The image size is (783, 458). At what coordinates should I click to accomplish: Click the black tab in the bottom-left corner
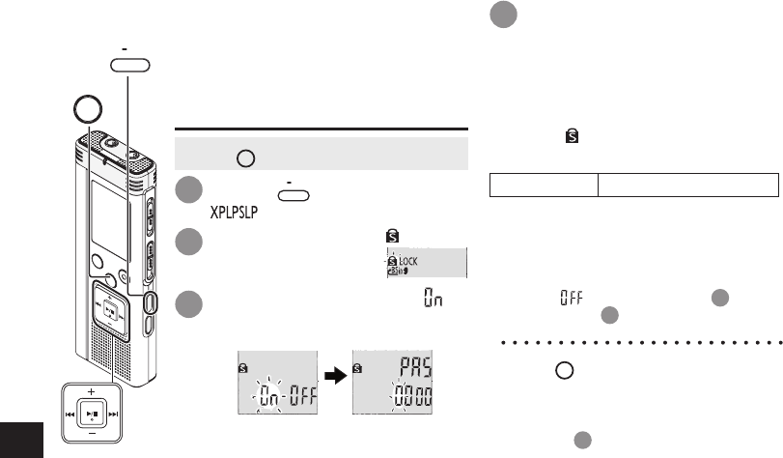[22, 441]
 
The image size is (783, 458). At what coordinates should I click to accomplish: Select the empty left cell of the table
[544, 186]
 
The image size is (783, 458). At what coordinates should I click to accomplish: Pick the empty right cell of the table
[687, 186]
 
